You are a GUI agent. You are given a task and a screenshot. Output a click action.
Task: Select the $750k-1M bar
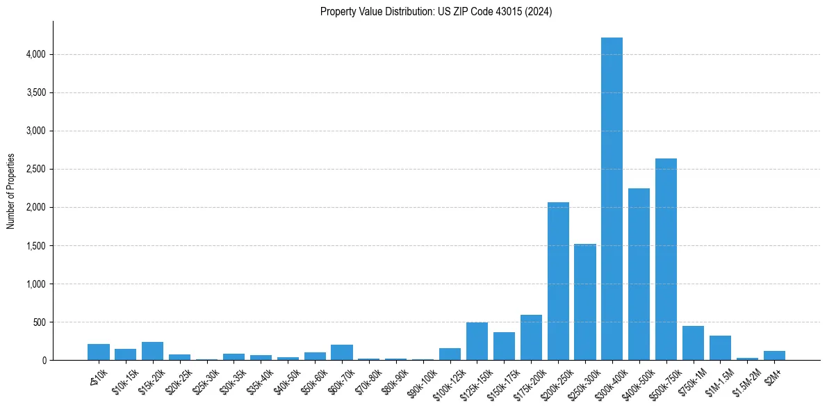pos(693,343)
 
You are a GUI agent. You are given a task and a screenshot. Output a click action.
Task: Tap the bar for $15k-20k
pos(152,351)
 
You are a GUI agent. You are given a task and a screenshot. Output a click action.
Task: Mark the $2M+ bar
pos(774,355)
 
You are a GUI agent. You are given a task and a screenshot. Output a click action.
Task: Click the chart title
pos(436,12)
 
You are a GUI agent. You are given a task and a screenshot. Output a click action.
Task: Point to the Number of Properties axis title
pos(10,190)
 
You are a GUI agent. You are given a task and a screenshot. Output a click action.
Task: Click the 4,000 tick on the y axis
pos(35,54)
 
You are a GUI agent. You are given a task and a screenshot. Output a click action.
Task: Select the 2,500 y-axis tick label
pos(35,169)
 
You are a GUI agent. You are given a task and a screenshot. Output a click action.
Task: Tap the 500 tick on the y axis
pos(39,322)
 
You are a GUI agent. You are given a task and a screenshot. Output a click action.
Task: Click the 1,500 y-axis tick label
pos(35,246)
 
